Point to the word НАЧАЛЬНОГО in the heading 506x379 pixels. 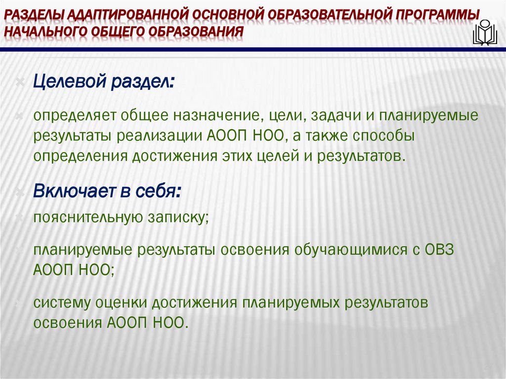click(45, 32)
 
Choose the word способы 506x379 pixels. click(381, 136)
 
